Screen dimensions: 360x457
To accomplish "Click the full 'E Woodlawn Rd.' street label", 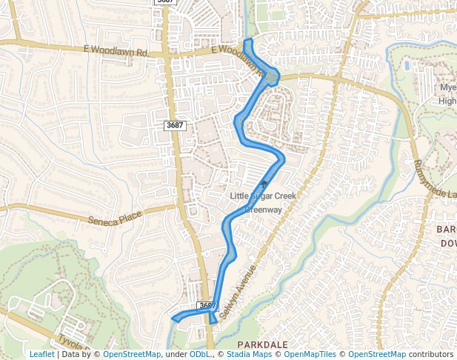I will [x=119, y=53].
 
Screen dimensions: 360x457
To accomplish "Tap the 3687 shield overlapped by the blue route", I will [x=207, y=305].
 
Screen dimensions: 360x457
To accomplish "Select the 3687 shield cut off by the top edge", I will [x=165, y=2].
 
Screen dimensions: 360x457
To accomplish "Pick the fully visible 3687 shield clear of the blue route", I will [x=175, y=125].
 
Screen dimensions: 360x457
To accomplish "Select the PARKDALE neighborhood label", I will [x=261, y=345].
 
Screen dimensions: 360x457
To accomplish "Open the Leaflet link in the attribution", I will [x=41, y=354].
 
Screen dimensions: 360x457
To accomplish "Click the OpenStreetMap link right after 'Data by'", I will [x=132, y=354].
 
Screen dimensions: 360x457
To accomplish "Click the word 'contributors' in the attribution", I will [x=430, y=354].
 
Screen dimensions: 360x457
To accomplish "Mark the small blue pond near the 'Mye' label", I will [x=407, y=66].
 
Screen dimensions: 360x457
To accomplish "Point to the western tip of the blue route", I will [x=173, y=319].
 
